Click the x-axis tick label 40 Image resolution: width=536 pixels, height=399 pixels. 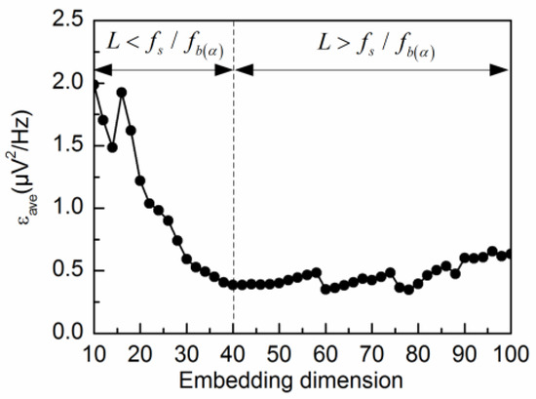coord(233,352)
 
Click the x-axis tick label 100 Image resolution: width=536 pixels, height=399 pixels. coord(509,352)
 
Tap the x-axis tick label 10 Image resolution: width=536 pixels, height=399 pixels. coord(95,352)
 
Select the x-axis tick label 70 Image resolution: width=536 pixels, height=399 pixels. coord(371,352)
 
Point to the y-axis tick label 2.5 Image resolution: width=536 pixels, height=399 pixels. coord(69,20)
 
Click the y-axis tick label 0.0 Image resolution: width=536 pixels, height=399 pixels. coord(69,334)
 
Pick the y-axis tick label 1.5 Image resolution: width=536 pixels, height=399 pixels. coord(69,145)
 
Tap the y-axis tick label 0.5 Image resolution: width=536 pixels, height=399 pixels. coord(69,271)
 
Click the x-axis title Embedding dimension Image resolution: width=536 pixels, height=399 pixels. coord(301,378)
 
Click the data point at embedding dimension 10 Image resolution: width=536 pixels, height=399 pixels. coord(95,85)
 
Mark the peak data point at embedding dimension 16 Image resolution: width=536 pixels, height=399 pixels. coord(122,93)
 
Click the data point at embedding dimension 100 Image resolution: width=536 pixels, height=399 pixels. coord(509,254)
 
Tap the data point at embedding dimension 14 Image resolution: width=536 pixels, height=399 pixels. coord(113,147)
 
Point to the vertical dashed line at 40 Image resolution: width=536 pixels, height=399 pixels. coord(233,195)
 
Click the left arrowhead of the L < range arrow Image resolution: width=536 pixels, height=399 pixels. coord(100,69)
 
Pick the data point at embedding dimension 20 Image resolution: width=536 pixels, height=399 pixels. coord(140,180)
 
